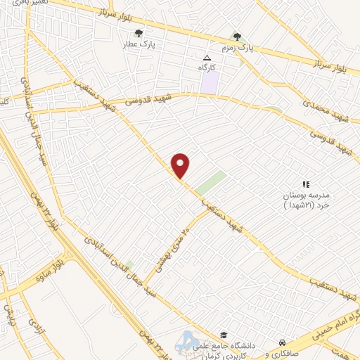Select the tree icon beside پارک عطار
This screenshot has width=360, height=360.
point(138,32)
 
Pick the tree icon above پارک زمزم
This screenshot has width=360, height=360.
point(237,37)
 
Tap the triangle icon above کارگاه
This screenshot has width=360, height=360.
point(207,58)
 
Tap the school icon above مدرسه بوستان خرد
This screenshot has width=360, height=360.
point(305,184)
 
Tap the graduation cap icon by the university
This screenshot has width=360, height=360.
point(223,335)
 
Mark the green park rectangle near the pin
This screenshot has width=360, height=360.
point(210,183)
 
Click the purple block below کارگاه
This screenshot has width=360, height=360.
point(210,83)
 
